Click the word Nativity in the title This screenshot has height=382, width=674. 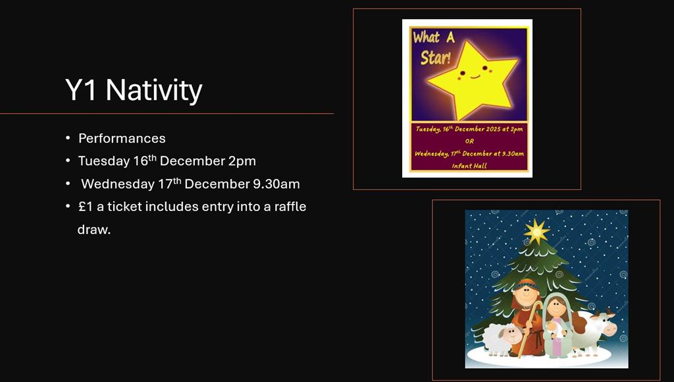click(x=154, y=91)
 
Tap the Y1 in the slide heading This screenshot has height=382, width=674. click(x=80, y=89)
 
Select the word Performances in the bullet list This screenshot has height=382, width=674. click(x=122, y=138)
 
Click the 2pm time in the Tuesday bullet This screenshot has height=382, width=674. click(x=242, y=161)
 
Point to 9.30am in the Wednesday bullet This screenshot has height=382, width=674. click(x=276, y=183)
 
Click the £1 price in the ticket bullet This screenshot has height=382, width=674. click(x=86, y=206)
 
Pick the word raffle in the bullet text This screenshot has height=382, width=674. click(x=290, y=206)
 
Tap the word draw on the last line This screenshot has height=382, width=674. click(x=93, y=229)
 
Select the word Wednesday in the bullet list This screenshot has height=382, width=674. click(x=117, y=184)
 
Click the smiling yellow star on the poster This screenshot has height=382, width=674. click(x=473, y=80)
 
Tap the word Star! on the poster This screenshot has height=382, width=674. click(x=436, y=57)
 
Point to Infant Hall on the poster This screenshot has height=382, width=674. click(x=469, y=166)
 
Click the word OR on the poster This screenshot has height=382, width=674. click(x=469, y=141)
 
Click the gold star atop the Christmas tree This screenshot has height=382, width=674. click(x=536, y=232)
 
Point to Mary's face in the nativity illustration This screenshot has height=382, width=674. click(x=556, y=307)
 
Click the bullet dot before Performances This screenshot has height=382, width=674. click(x=68, y=138)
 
